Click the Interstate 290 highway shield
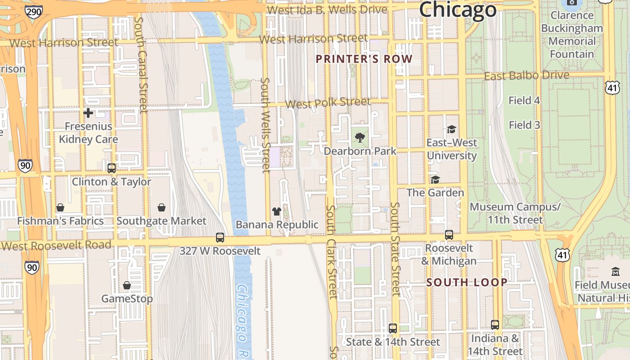point(34,12)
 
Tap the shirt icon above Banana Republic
point(277,211)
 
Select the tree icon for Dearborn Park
point(360,138)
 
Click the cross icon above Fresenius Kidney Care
point(88,112)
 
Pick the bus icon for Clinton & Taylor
point(112,168)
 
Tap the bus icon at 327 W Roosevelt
point(220,237)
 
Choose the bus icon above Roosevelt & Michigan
point(449,234)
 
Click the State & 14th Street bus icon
point(393,328)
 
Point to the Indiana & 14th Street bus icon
point(495,324)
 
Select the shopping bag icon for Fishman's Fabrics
point(60,207)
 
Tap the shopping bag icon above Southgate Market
point(162,207)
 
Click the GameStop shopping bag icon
point(127,285)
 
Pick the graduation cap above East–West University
point(451,130)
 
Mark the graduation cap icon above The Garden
point(435,180)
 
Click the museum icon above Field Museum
point(615,271)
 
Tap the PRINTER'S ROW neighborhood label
point(364,59)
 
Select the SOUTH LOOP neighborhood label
point(467,283)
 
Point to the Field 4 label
point(524,100)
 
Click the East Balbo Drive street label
point(526,76)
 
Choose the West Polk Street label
point(328,103)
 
